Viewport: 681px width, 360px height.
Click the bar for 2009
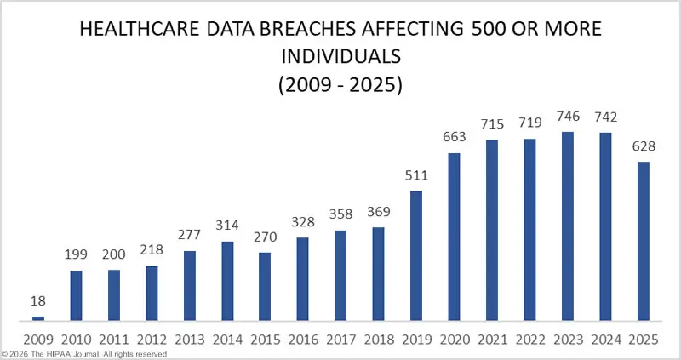coord(37,319)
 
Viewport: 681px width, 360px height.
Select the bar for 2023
coord(568,226)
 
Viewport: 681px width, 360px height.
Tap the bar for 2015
coord(265,287)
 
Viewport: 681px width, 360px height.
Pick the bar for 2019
coord(416,256)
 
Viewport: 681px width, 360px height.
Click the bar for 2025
coord(644,242)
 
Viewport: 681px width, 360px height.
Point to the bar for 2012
coord(152,294)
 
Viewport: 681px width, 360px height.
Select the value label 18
coord(37,302)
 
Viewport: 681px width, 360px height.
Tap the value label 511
coord(416,177)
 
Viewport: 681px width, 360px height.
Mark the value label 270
coord(265,238)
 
